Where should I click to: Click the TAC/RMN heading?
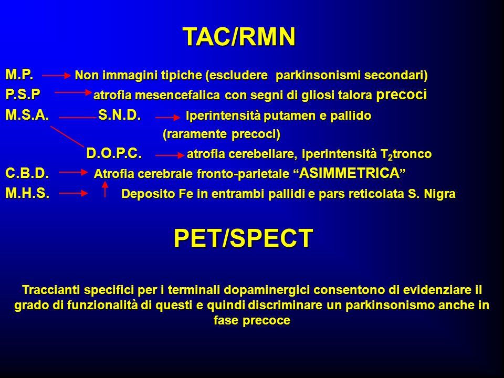click(x=239, y=37)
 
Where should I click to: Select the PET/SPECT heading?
click(x=243, y=238)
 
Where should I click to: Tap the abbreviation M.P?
click(x=19, y=75)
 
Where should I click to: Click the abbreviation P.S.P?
click(x=23, y=94)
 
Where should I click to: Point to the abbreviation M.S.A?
click(x=27, y=115)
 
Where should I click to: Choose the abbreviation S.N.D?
click(x=120, y=115)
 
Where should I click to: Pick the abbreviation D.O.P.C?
click(x=114, y=154)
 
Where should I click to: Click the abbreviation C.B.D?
click(x=27, y=173)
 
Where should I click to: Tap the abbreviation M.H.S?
click(x=28, y=193)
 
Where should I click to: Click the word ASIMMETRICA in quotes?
click(x=350, y=173)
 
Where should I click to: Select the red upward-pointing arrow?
click(x=105, y=189)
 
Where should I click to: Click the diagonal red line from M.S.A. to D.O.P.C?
click(x=67, y=136)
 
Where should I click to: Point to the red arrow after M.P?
click(x=56, y=76)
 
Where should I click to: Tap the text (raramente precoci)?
click(x=222, y=134)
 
